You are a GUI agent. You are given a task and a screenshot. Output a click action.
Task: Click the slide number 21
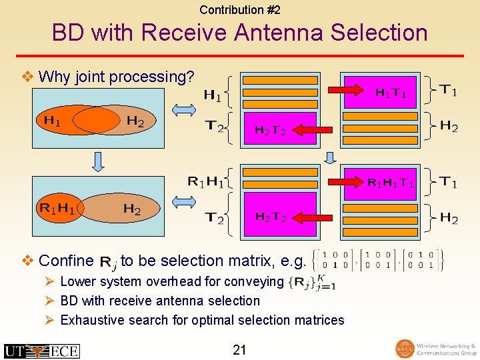[x=240, y=349]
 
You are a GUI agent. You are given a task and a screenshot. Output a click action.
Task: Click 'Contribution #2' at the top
[x=240, y=10]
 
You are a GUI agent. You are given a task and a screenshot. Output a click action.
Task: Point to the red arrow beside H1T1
[x=345, y=90]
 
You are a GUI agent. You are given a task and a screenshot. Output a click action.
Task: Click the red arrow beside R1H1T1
[x=345, y=182]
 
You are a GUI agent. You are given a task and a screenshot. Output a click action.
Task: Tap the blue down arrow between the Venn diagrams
[x=98, y=161]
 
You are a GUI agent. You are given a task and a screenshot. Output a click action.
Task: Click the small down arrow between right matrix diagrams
[x=329, y=158]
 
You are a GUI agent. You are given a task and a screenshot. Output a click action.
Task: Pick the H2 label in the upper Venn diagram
[x=135, y=121]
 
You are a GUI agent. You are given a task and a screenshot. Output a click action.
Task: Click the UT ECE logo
[x=41, y=351]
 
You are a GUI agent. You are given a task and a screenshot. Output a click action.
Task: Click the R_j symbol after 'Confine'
[x=107, y=262]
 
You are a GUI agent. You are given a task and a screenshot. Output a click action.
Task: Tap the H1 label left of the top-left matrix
[x=212, y=95]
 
